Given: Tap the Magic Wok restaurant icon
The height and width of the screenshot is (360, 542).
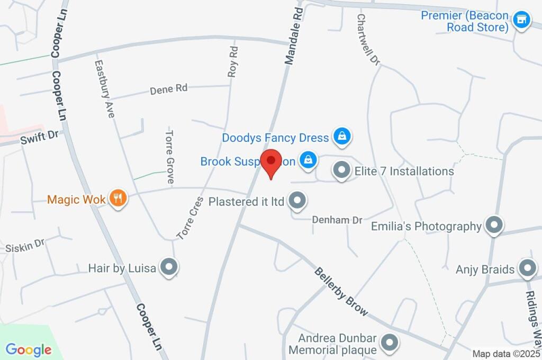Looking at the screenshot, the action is point(118,199).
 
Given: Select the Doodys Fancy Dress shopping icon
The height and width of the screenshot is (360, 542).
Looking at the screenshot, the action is point(342,137).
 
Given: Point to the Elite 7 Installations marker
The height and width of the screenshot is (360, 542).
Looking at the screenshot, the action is point(341,170).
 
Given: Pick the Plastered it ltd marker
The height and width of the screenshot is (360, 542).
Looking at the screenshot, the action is point(297,201).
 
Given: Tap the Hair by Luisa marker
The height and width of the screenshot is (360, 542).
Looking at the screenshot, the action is point(169,267).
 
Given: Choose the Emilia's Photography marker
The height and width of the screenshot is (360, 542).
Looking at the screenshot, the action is point(494,226).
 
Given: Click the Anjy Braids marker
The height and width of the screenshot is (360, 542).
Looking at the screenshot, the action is point(527,269).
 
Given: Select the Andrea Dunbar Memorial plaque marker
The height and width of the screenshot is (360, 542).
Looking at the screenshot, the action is point(390,343).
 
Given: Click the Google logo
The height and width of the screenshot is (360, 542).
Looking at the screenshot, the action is point(29,349).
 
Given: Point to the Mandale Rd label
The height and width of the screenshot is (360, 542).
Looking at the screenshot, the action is point(295,36).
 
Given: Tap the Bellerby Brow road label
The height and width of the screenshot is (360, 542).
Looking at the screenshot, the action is point(341,292).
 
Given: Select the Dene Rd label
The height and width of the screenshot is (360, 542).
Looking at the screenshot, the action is point(169,89).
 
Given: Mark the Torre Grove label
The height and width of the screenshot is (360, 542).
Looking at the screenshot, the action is point(170,156).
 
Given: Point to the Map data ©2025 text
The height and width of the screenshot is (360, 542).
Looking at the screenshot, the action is point(507,354).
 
